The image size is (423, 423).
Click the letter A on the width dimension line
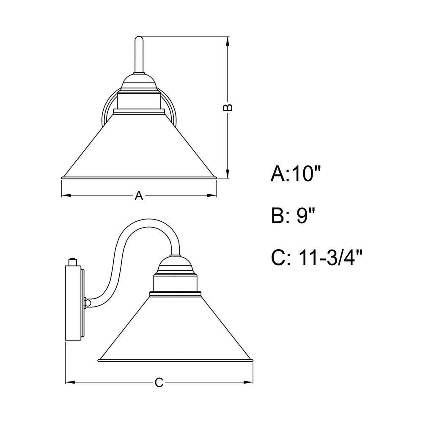139,195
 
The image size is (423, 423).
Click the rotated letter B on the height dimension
228,107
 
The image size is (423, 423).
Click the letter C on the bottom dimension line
159,382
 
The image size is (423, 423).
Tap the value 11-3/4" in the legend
330,257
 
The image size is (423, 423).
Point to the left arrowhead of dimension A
66,195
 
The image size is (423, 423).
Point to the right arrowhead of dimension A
212,195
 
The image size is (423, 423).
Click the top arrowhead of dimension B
228,41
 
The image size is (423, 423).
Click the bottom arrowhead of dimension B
228,174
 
